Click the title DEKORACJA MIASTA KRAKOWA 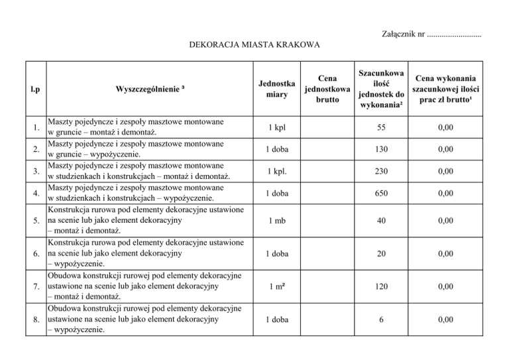(254, 46)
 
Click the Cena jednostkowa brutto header (327, 89)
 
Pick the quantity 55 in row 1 (380, 127)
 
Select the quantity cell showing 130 (380, 149)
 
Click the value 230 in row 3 (380, 171)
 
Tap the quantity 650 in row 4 (380, 193)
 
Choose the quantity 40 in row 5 (380, 221)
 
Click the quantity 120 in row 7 (380, 286)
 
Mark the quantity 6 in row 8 (380, 320)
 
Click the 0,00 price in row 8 (446, 320)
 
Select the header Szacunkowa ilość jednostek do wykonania (380, 89)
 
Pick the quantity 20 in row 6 (380, 254)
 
